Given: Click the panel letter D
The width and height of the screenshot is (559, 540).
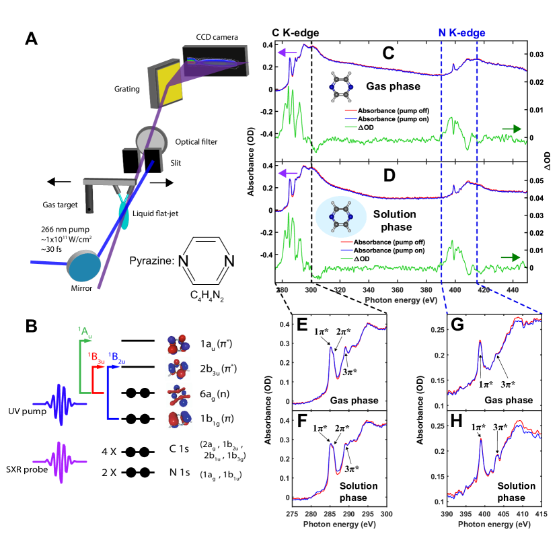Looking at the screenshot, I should click(x=388, y=177).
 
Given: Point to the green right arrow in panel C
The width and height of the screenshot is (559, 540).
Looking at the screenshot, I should click(x=511, y=129).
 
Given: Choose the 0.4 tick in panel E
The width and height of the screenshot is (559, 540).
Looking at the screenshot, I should click(x=285, y=325).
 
